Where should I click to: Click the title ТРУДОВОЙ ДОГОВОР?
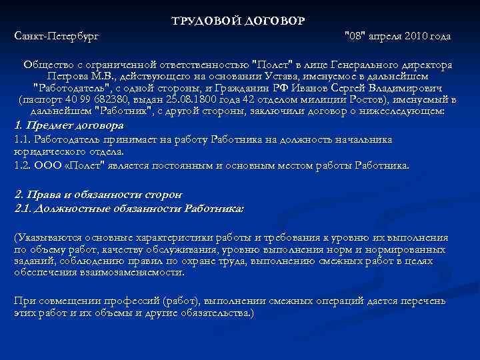pyautogui.click(x=238, y=21)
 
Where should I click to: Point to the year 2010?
pyautogui.click(x=420, y=35)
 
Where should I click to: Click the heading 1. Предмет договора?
pyautogui.click(x=69, y=125)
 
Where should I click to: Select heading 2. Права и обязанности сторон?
pyautogui.click(x=97, y=195)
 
